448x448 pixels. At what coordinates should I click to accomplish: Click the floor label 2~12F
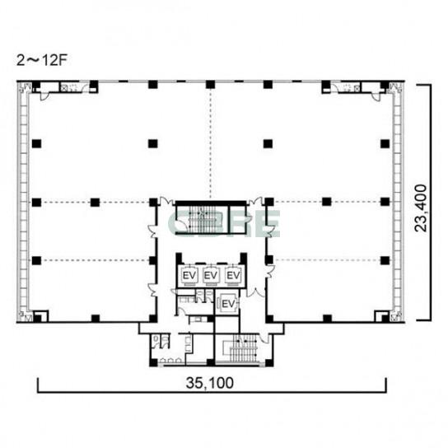click(x=42, y=60)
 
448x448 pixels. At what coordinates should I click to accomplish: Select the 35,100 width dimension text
click(x=209, y=383)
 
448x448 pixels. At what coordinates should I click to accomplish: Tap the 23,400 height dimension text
click(x=421, y=208)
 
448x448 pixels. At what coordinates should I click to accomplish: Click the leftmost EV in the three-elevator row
click(x=189, y=276)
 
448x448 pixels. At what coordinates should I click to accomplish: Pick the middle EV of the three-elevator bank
click(x=211, y=276)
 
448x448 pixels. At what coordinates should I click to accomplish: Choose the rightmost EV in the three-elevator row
click(x=233, y=276)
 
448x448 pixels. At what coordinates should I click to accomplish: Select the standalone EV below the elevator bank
click(x=228, y=304)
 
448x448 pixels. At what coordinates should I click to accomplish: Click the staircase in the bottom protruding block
click(x=243, y=348)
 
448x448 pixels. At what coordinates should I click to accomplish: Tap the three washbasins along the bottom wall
click(x=170, y=360)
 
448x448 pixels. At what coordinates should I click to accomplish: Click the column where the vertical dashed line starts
click(x=210, y=84)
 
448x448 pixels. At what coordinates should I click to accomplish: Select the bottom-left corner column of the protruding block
click(x=153, y=362)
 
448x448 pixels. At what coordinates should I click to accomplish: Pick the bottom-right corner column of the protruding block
click(x=269, y=363)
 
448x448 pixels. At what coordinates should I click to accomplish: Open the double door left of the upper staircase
click(x=166, y=201)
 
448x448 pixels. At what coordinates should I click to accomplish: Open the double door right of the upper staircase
click(x=255, y=201)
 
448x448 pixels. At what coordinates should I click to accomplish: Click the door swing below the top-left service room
click(x=44, y=96)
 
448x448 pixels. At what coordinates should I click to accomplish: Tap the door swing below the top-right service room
click(x=376, y=96)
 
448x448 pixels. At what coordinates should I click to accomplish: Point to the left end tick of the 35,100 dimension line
click(x=38, y=385)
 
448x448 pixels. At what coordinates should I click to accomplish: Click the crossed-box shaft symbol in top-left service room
click(x=64, y=88)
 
